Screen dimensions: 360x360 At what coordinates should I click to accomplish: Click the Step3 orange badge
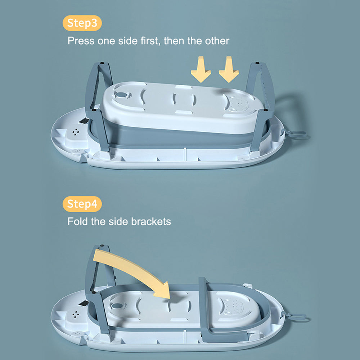click(x=82, y=23)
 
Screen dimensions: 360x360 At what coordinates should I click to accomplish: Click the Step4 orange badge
click(x=82, y=204)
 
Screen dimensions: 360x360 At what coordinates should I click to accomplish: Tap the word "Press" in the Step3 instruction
click(x=81, y=41)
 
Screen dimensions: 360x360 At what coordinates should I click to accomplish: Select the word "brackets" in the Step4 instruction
click(x=151, y=221)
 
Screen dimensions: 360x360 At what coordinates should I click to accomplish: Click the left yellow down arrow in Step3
click(x=201, y=69)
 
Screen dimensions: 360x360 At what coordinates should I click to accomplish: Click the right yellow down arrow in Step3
click(x=229, y=69)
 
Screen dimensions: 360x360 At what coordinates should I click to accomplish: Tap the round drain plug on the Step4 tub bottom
click(x=117, y=306)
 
